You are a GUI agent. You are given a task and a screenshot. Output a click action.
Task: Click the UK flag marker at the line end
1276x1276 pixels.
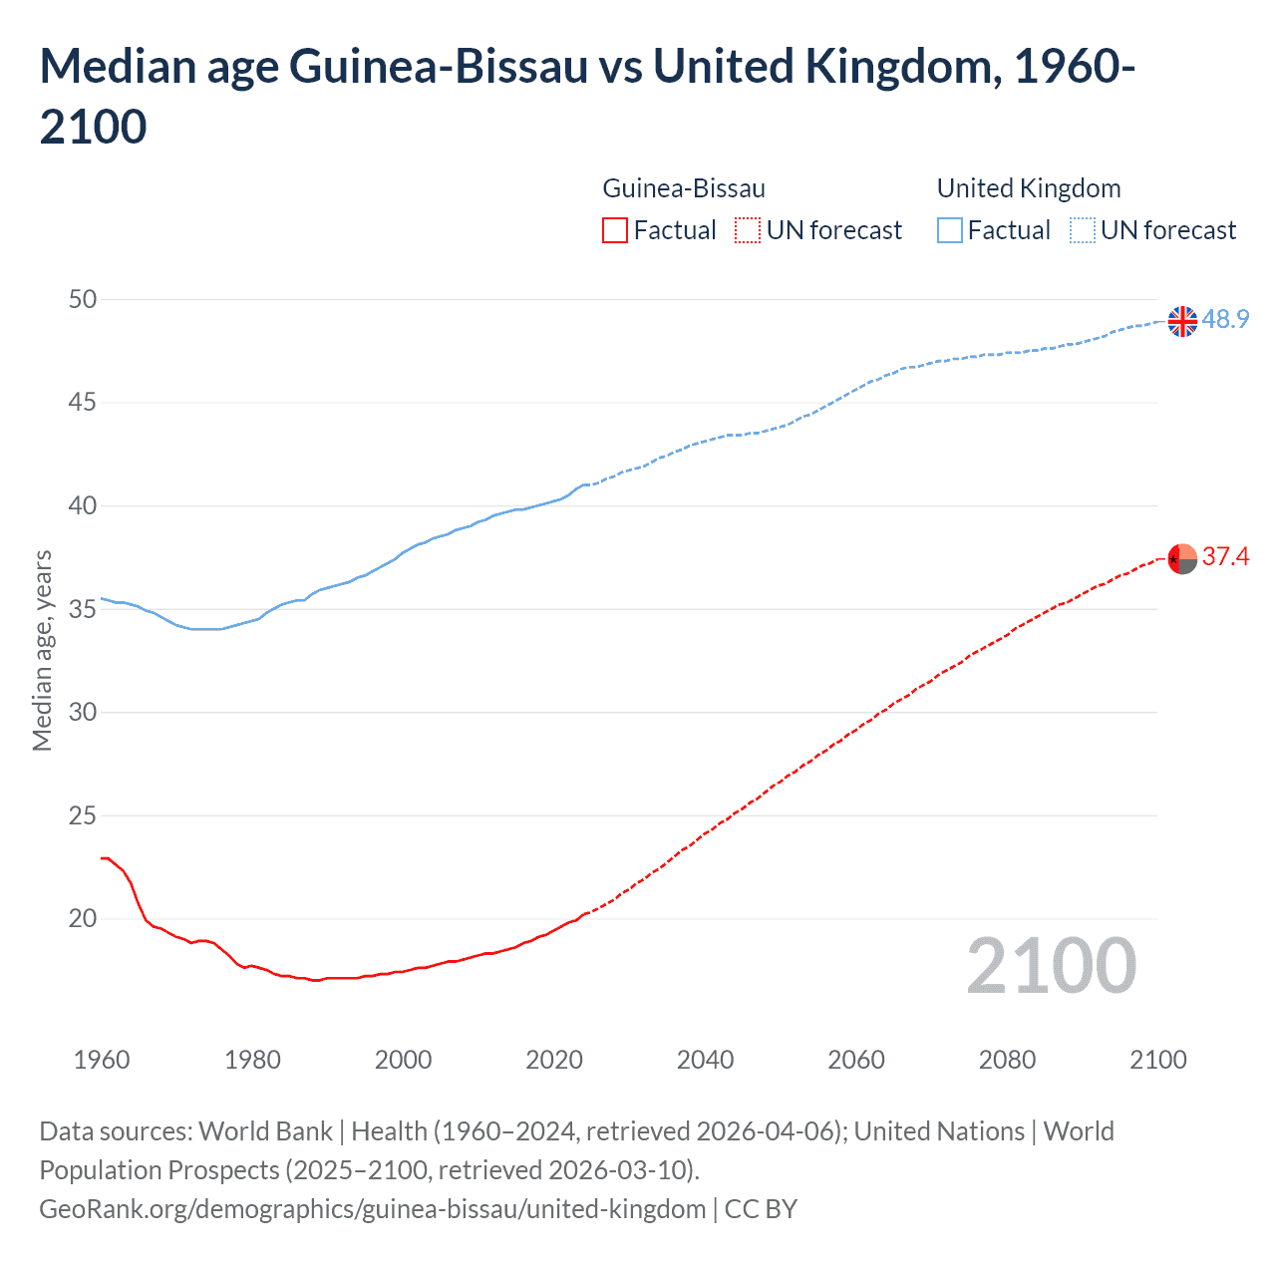(1182, 321)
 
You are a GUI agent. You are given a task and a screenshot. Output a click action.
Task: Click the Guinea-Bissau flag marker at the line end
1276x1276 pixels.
(1182, 559)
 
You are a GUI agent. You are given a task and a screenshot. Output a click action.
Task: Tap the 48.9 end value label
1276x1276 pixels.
(1225, 319)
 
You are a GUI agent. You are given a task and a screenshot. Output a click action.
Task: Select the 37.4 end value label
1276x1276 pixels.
(1225, 556)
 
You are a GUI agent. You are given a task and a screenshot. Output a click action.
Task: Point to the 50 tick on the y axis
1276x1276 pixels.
(83, 299)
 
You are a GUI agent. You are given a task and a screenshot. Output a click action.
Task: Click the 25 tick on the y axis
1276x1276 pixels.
(83, 815)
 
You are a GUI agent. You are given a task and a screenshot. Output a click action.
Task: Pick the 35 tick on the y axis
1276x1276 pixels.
(83, 609)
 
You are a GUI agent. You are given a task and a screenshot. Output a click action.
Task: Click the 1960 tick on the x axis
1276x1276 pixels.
(102, 1060)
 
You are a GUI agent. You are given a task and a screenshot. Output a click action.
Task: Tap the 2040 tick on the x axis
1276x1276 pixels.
(705, 1060)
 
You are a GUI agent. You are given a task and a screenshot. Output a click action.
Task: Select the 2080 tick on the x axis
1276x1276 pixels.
(1007, 1060)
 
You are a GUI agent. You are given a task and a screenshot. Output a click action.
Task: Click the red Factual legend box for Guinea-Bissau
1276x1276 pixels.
(615, 230)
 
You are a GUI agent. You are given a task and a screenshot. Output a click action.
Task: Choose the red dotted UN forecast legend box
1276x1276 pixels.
(748, 230)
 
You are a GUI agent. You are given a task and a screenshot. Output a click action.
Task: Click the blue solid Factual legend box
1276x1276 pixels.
(949, 230)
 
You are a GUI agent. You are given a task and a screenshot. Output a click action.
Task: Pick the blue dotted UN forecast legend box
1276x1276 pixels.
(1082, 230)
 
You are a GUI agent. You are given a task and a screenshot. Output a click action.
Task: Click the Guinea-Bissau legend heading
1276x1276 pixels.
(684, 188)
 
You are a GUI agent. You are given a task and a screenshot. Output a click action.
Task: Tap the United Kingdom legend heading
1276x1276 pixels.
(1029, 188)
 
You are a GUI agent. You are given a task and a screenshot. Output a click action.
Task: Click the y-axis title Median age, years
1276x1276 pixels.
(42, 650)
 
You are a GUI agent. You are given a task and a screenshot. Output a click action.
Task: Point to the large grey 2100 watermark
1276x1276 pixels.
(1051, 966)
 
